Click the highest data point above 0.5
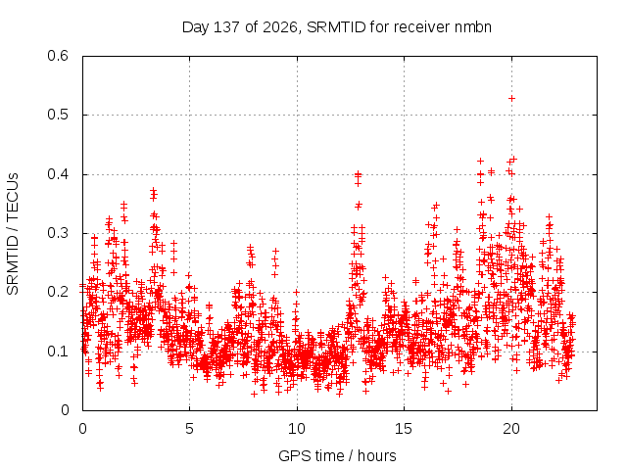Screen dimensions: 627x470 (511, 98)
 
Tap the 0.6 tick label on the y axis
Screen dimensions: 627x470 (58, 56)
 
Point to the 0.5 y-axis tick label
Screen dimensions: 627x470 (58, 115)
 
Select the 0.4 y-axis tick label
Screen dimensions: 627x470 (58, 174)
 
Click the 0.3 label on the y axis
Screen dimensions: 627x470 (58, 233)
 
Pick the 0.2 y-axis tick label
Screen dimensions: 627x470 (58, 292)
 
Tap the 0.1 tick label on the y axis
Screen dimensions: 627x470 (58, 352)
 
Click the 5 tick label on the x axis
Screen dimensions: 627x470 (189, 429)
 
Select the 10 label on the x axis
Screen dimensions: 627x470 (297, 429)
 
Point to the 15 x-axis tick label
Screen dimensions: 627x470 (404, 429)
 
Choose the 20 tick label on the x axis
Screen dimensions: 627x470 (511, 429)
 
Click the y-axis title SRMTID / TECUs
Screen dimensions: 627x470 (13, 234)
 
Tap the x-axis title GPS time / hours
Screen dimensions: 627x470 (337, 455)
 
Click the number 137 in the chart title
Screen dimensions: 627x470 (226, 27)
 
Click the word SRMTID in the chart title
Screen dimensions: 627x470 (336, 27)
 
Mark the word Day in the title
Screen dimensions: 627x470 (196, 28)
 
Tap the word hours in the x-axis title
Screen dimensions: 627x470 (376, 455)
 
